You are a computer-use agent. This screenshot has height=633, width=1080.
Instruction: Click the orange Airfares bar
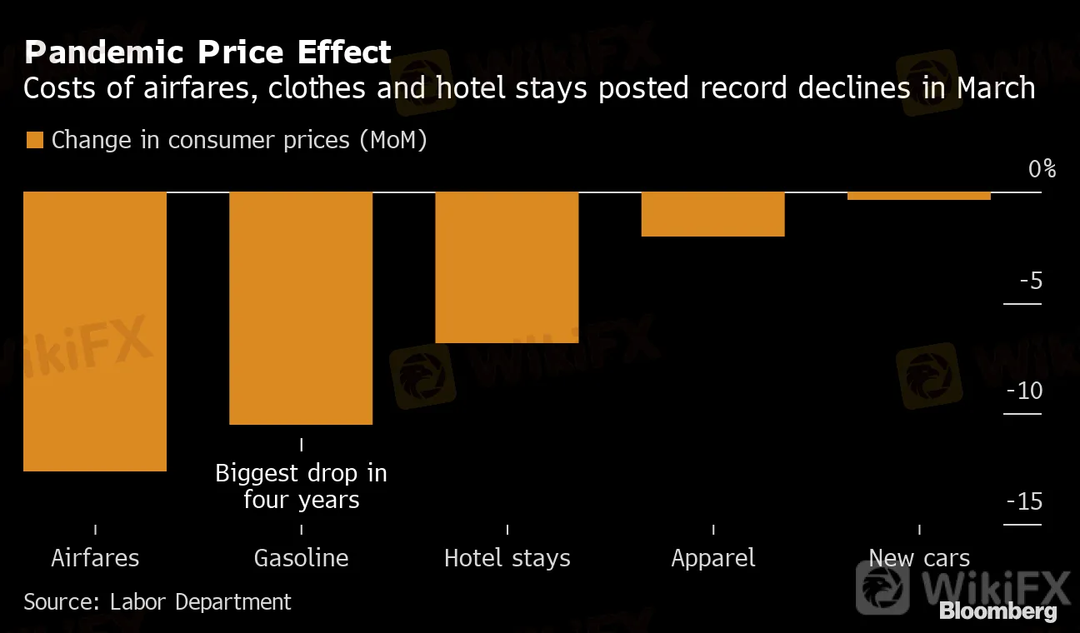(x=95, y=331)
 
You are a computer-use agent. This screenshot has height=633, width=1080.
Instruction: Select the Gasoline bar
(x=301, y=308)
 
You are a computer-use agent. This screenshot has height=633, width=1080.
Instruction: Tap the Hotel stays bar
(x=507, y=267)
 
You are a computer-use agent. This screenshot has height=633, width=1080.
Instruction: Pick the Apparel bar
(x=712, y=214)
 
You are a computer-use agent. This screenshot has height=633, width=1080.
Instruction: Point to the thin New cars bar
(x=918, y=196)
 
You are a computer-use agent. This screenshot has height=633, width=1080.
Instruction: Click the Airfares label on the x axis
(x=95, y=557)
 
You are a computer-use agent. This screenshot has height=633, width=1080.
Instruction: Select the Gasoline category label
(x=301, y=557)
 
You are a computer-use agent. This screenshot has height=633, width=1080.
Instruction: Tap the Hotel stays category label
(x=507, y=557)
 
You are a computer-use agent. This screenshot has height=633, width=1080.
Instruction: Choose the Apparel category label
(x=713, y=557)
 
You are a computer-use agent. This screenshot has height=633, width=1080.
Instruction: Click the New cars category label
(x=919, y=557)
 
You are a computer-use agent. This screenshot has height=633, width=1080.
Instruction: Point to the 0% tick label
(x=1042, y=169)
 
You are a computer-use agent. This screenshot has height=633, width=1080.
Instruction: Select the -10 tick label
(x=1024, y=390)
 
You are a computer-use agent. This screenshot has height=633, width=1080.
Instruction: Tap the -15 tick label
(x=1024, y=501)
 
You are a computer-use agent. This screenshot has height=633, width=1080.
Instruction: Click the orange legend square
(x=34, y=140)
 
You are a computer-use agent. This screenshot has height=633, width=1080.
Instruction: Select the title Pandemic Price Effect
(x=207, y=52)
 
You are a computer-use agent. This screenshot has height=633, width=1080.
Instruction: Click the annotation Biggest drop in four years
(x=301, y=486)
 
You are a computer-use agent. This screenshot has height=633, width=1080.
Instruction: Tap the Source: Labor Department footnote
(x=157, y=601)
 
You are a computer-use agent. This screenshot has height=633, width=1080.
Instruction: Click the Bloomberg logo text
(x=997, y=611)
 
